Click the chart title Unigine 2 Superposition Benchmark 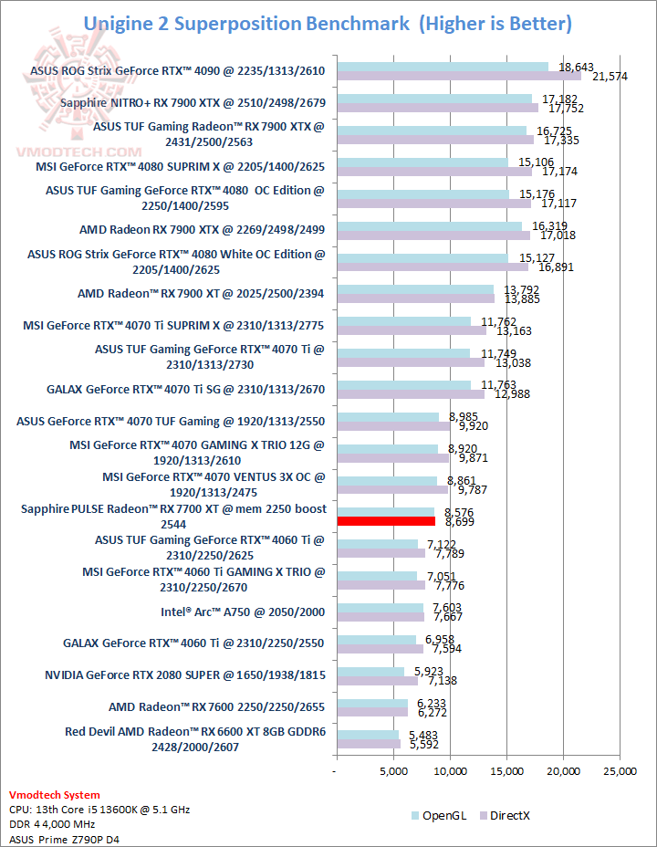coord(246,23)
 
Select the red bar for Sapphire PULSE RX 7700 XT coord(386,520)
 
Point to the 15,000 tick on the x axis coord(506,772)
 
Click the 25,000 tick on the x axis coord(620,772)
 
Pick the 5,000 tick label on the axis coord(393,772)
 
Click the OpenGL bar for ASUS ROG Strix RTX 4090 coord(443,67)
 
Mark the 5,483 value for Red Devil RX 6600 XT coord(422,735)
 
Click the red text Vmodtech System coord(54,795)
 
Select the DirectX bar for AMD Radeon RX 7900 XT coord(415,298)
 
